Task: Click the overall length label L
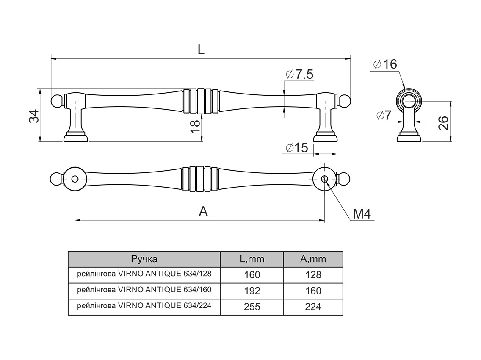pyautogui.click(x=201, y=49)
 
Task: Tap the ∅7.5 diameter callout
pyautogui.click(x=299, y=75)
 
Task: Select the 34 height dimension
pyautogui.click(x=34, y=116)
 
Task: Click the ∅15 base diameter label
pyautogui.click(x=297, y=148)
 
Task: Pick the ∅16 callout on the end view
pyautogui.click(x=385, y=65)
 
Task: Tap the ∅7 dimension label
pyautogui.click(x=383, y=115)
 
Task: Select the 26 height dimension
pyautogui.click(x=442, y=123)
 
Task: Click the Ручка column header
pyautogui.click(x=144, y=259)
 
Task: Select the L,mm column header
pyautogui.click(x=252, y=259)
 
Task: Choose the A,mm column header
pyautogui.click(x=313, y=259)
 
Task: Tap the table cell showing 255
pyautogui.click(x=252, y=307)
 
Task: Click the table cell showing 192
pyautogui.click(x=252, y=291)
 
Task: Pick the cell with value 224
pyautogui.click(x=313, y=307)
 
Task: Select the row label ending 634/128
pyautogui.click(x=144, y=274)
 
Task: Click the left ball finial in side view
pyautogui.click(x=56, y=101)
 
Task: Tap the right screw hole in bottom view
pyautogui.click(x=324, y=179)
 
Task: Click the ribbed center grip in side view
pyautogui.click(x=200, y=101)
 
